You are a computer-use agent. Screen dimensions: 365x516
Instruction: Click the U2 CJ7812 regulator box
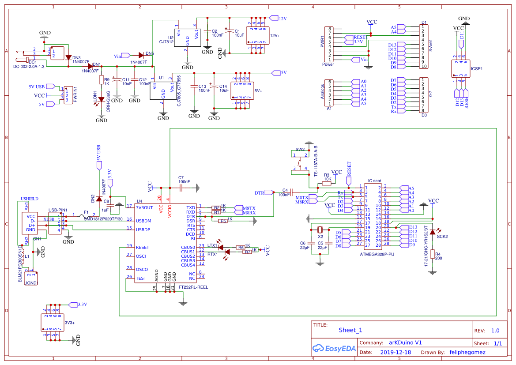coord(187,37)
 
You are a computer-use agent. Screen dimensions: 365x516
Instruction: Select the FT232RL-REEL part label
coord(193,287)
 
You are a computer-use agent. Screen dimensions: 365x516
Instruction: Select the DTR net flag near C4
coord(260,193)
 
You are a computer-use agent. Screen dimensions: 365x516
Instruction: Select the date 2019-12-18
coord(395,353)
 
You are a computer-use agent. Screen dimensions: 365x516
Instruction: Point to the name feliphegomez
coord(468,353)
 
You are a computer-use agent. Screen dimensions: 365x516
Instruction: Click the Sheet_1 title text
coord(350,330)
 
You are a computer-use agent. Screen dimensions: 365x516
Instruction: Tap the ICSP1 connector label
coord(477,69)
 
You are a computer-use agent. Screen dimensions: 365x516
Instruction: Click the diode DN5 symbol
coord(141,55)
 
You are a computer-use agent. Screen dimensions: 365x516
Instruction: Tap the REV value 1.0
coord(495,331)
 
